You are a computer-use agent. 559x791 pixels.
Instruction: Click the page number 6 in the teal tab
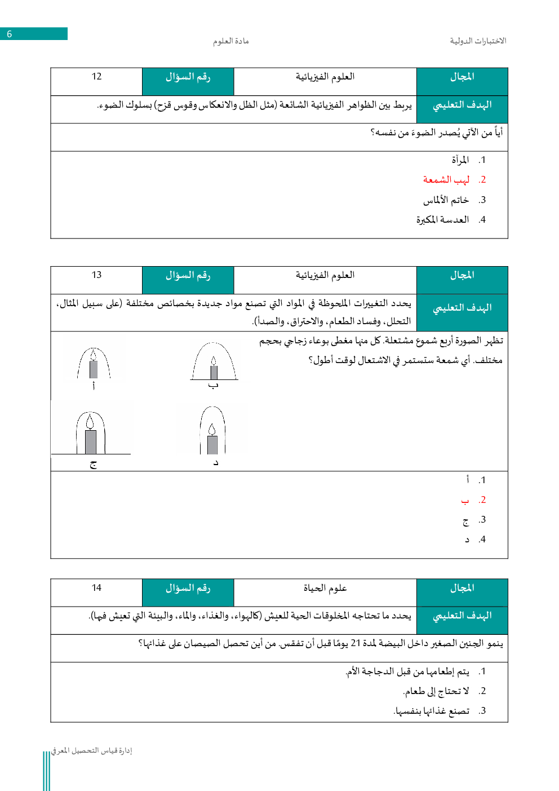point(10,34)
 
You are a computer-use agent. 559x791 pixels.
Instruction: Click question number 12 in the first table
point(96,77)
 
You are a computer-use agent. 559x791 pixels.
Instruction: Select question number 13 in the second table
point(96,275)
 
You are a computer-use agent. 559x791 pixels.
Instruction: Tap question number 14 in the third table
point(96,588)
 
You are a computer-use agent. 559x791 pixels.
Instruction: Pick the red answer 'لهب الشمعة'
point(446,180)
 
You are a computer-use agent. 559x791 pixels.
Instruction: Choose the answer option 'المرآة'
point(460,160)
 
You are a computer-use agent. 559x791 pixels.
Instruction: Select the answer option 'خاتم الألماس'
point(446,200)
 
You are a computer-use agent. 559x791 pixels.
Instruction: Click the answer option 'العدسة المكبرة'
point(442,220)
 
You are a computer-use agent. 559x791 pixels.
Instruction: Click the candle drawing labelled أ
point(94,364)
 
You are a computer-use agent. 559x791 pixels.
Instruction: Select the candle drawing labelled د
point(212,431)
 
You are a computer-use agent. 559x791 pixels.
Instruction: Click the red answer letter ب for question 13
point(465,500)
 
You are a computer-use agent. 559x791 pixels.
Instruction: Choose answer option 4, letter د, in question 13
point(467,540)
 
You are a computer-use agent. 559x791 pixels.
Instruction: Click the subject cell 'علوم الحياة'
point(325,588)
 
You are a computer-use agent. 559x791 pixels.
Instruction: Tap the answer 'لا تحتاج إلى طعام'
point(436,691)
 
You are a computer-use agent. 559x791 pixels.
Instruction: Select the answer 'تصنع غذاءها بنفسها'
point(431,711)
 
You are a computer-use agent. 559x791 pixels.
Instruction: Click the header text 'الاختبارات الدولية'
point(478,41)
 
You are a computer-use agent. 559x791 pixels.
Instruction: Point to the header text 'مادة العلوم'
point(230,41)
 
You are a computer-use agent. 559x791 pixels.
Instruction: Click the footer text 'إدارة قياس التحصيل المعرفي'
point(91,750)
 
